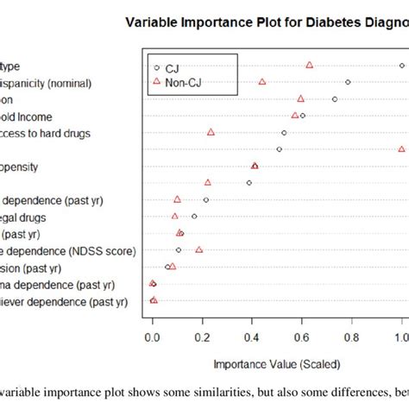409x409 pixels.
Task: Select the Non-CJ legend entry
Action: click(x=179, y=83)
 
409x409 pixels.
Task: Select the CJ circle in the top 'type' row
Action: click(x=402, y=66)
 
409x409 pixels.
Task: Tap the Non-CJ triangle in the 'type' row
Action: click(x=309, y=66)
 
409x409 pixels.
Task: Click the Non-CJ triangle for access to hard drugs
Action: click(x=211, y=132)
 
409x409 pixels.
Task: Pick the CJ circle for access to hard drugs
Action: click(x=284, y=133)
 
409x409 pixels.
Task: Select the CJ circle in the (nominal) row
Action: click(x=348, y=82)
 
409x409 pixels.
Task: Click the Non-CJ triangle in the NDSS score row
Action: click(x=199, y=249)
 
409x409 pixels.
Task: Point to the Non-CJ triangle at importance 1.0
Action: click(x=402, y=148)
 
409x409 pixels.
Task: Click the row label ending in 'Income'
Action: click(x=35, y=116)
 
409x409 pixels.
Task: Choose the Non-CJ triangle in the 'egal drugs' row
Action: click(x=175, y=216)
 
